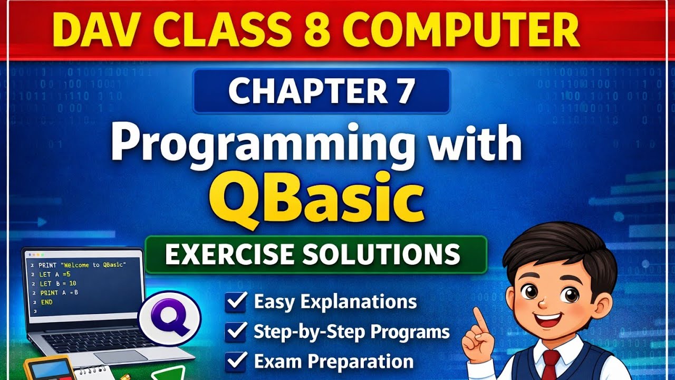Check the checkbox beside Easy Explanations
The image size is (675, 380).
click(235, 302)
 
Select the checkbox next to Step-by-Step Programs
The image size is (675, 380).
click(235, 332)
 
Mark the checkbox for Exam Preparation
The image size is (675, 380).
click(235, 362)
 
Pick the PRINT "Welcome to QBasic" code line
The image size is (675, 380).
click(82, 264)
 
